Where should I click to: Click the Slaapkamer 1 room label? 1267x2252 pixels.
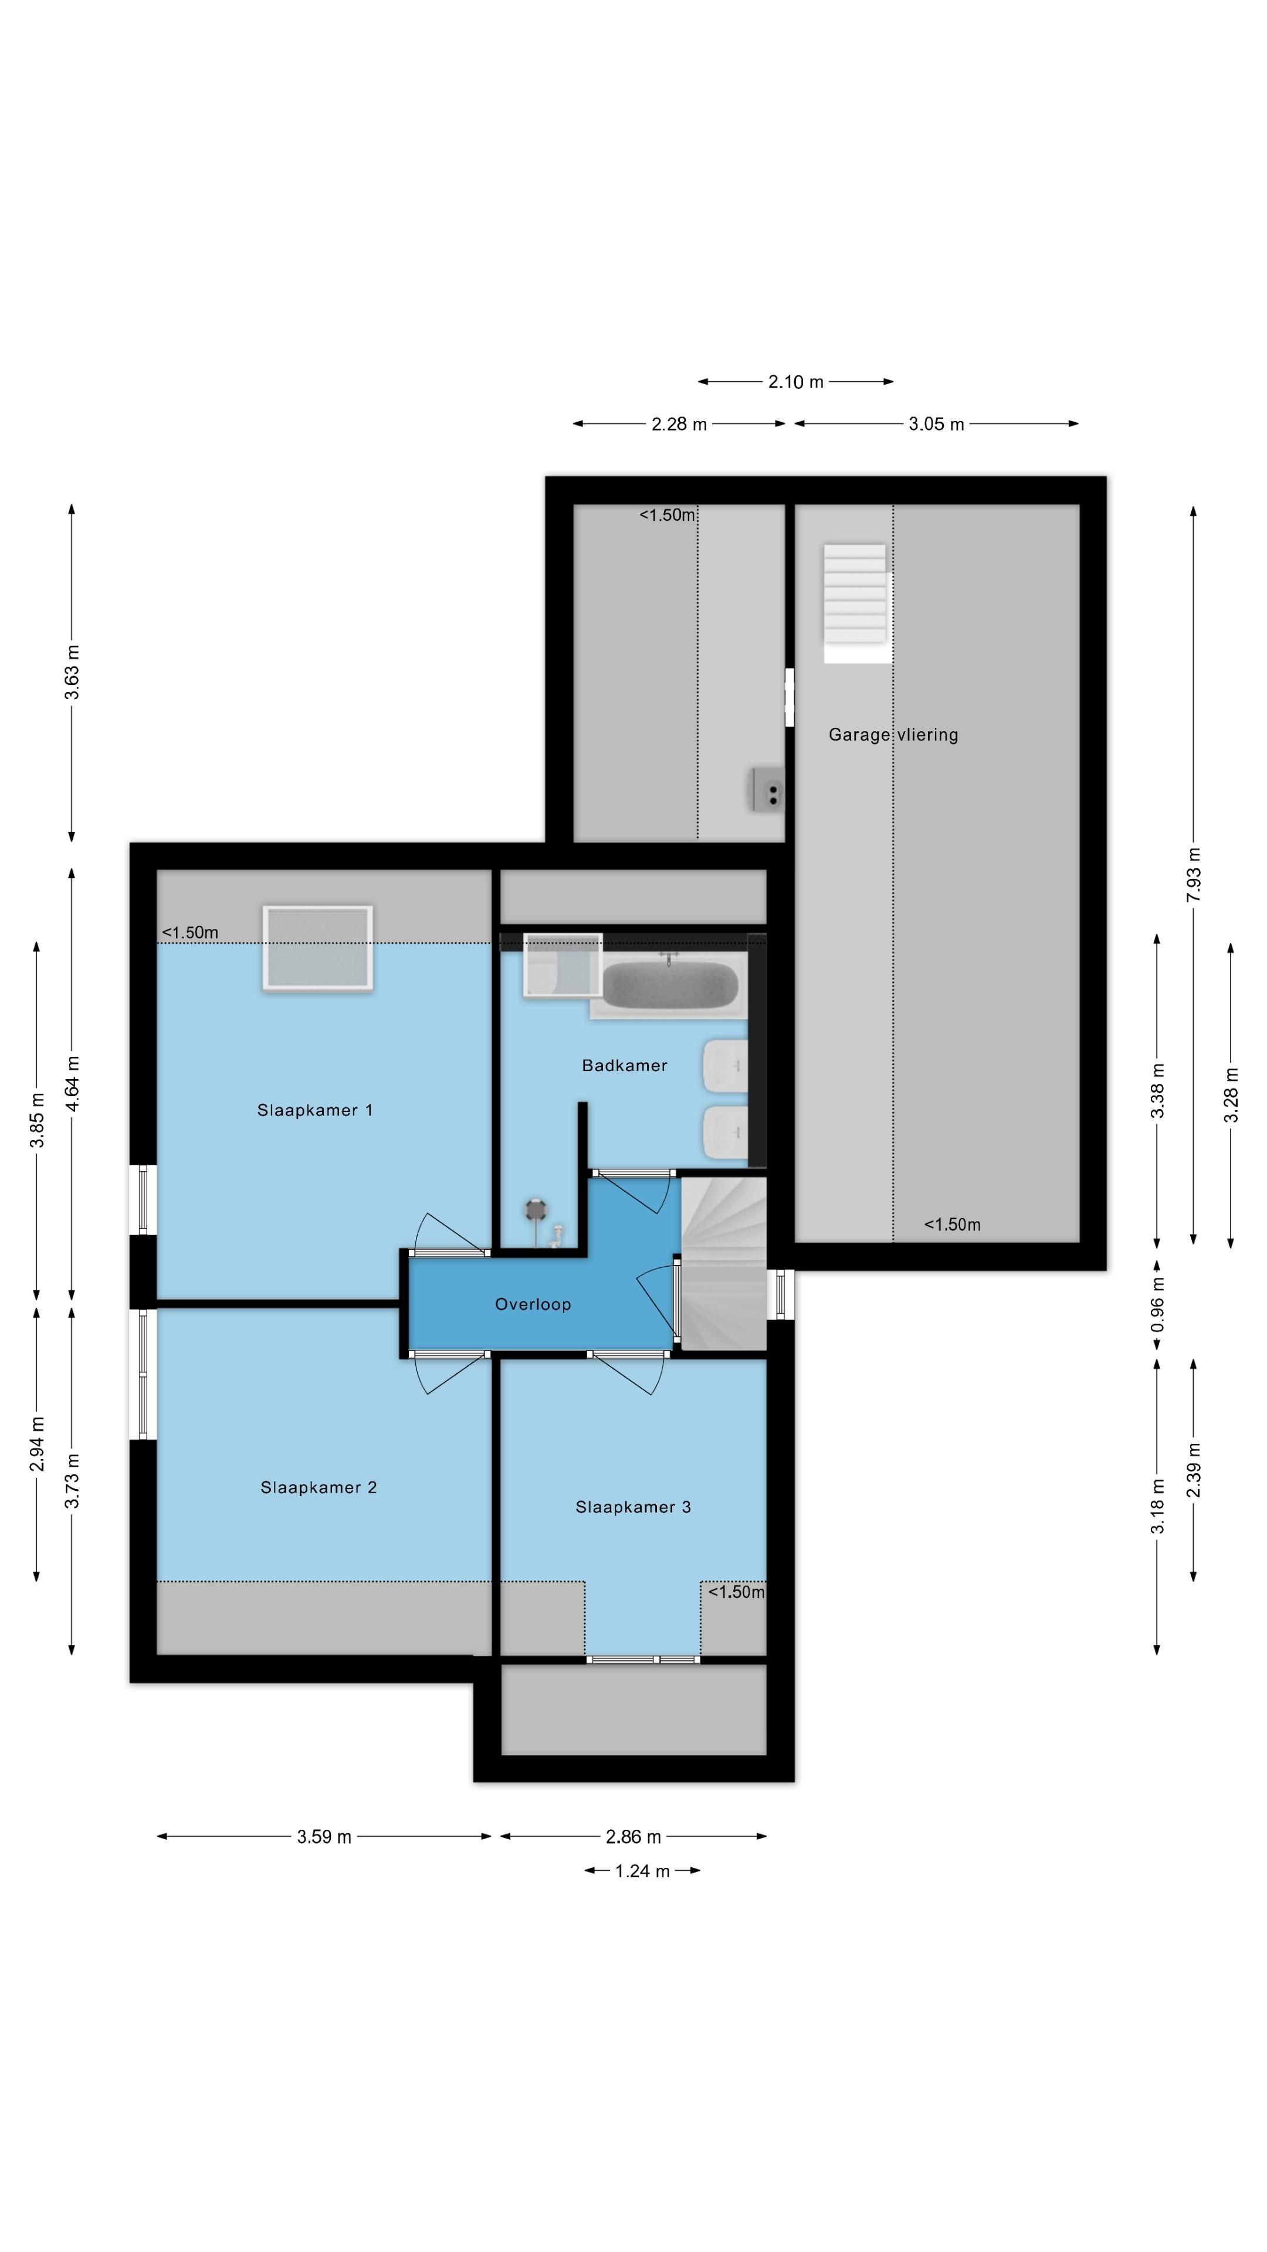315,1110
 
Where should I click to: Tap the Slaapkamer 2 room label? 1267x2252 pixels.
319,1487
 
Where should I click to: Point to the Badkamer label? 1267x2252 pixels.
624,1065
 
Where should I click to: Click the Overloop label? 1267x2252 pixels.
533,1304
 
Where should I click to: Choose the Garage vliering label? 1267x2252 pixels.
893,734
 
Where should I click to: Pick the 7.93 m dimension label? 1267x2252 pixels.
1194,874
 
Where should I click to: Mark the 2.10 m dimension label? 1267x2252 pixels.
796,381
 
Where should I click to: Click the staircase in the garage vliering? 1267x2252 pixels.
856,603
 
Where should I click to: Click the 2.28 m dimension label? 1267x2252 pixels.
679,424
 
